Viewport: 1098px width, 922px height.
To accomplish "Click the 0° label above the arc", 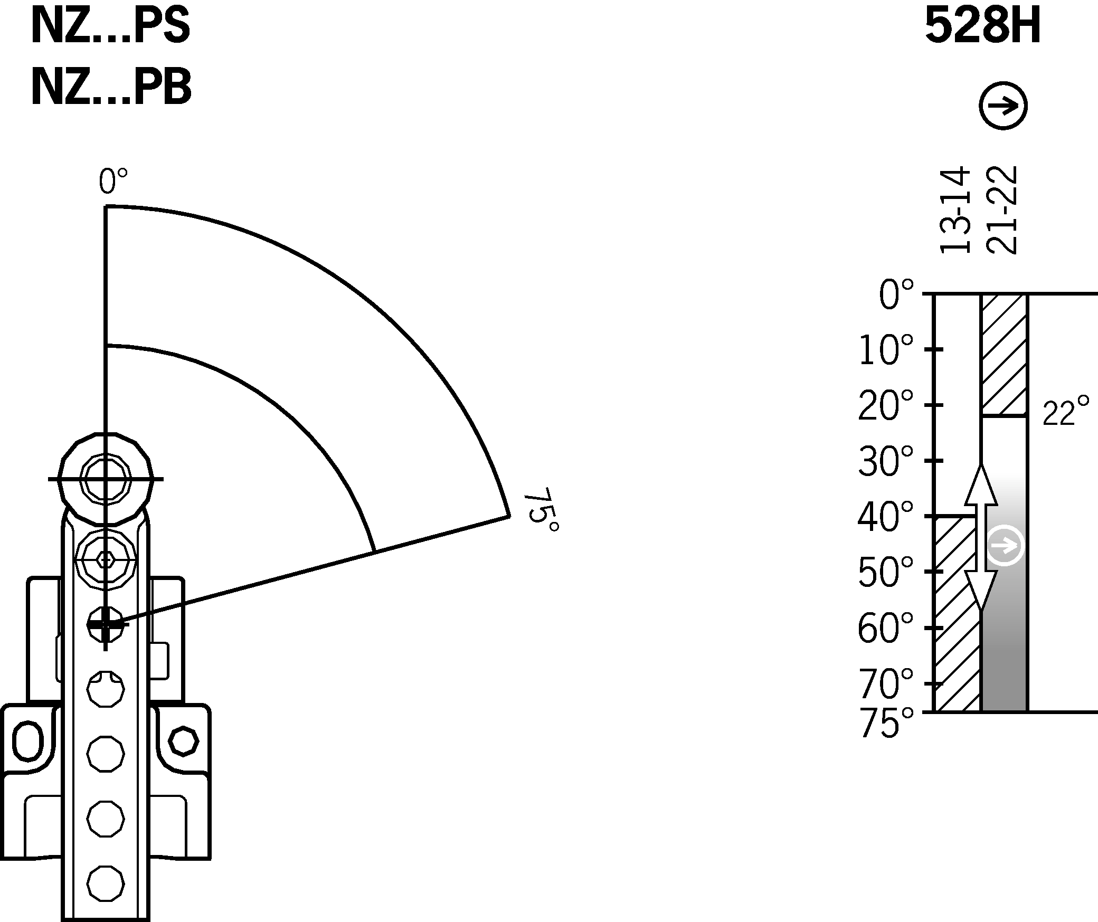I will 113,182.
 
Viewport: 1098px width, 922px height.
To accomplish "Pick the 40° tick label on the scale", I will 885,518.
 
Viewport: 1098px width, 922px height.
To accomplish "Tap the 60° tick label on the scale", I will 885,629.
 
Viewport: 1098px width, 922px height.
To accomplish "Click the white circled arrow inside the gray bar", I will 1005,546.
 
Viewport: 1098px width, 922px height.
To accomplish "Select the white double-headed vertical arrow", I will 981,538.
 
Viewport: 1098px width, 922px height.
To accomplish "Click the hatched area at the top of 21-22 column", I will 1004,355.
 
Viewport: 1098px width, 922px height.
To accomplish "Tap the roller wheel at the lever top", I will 106,479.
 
